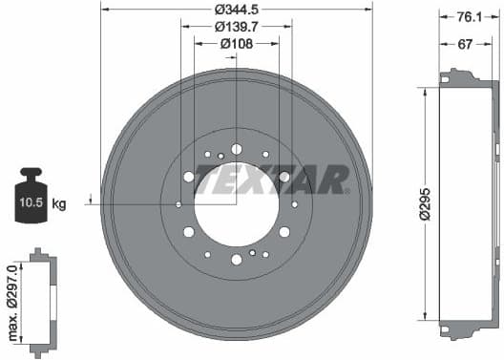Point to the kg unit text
click(60, 204)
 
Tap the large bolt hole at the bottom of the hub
click(237, 260)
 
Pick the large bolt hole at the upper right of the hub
click(284, 177)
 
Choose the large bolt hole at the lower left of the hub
click(189, 232)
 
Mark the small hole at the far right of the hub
click(295, 204)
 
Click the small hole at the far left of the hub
click(178, 204)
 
